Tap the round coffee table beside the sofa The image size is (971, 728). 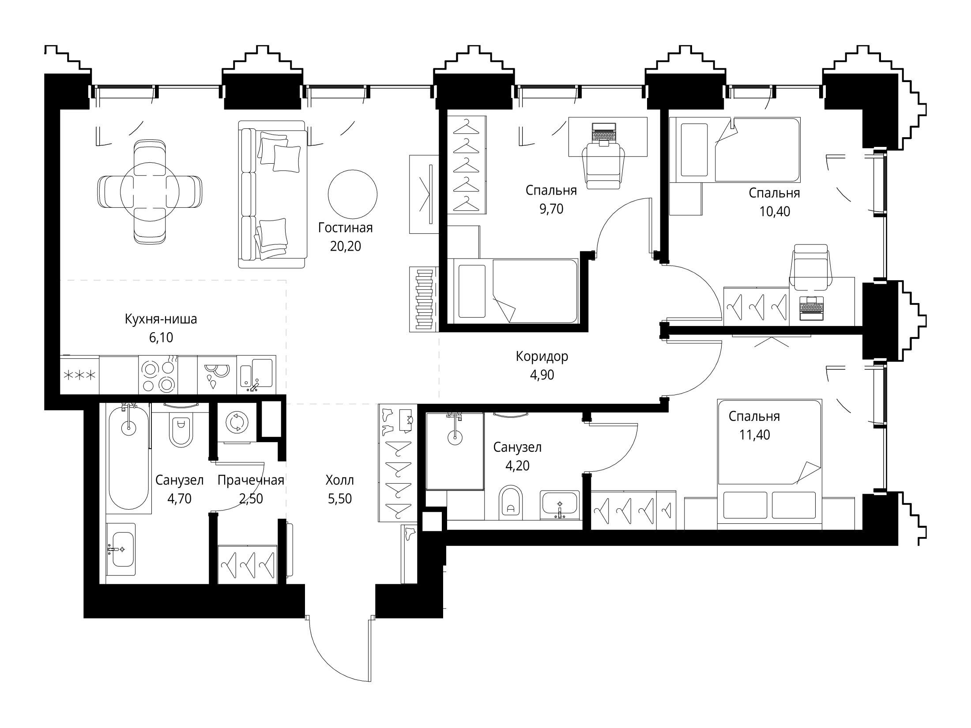[x=353, y=194]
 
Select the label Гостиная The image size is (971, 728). [x=346, y=228]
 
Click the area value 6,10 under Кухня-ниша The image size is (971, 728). [x=161, y=338]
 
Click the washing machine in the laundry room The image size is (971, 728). [x=237, y=422]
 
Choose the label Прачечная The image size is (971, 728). [x=251, y=480]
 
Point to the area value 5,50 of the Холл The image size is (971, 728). [x=340, y=499]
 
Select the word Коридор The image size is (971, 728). [x=542, y=356]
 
